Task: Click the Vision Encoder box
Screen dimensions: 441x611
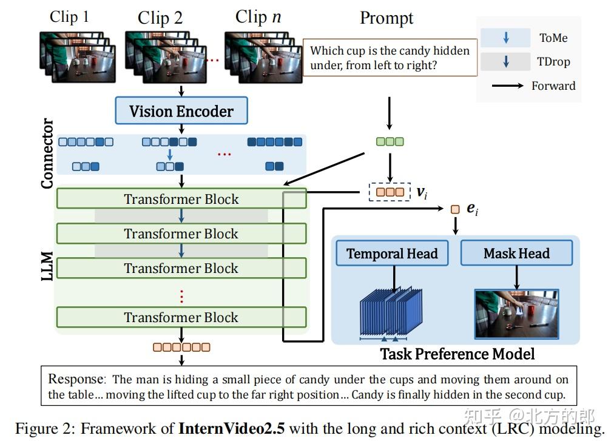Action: coord(181,111)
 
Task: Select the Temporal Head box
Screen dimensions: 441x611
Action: coord(392,254)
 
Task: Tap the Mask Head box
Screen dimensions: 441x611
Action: coord(516,254)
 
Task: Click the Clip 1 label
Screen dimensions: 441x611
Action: coord(69,16)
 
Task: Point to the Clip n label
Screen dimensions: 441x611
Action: coord(258,16)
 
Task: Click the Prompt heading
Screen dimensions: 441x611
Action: coord(387,18)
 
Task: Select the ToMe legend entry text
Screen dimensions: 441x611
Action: coord(553,38)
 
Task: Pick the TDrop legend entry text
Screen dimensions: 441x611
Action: coord(553,62)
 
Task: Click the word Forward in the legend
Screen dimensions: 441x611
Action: coord(553,86)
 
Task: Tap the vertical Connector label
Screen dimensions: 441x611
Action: coord(47,153)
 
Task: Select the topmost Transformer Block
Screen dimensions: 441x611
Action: coord(181,199)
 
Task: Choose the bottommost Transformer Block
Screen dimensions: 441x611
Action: coord(181,317)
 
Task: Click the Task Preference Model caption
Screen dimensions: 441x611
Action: coord(457,354)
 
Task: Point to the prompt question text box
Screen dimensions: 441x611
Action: coord(390,58)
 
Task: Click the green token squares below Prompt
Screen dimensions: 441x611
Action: coord(390,141)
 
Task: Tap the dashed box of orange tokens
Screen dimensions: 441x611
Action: coord(390,192)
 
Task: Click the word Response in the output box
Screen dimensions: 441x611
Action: coord(76,380)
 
